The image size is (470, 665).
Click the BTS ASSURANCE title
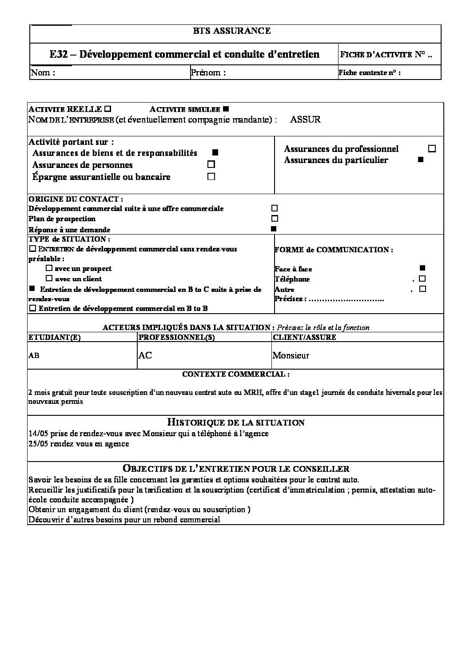[x=231, y=31]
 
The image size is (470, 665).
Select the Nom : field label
[x=43, y=72]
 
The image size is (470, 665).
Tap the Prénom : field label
[x=208, y=72]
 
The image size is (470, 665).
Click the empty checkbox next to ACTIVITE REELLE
[x=108, y=109]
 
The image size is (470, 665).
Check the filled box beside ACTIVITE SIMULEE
[x=226, y=109]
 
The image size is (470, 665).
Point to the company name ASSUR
[x=305, y=119]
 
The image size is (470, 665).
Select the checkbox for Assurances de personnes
[x=211, y=164]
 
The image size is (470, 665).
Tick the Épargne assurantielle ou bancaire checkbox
[x=211, y=176]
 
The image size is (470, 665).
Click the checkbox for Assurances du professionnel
[x=432, y=148]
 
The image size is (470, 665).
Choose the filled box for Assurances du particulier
[x=421, y=159]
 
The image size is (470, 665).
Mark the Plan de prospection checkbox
[x=275, y=219]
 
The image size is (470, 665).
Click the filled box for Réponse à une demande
[x=274, y=229]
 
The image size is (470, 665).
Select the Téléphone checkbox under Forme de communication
[x=422, y=279]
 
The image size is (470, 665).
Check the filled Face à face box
[x=422, y=268]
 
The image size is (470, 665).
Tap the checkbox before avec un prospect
[x=49, y=268]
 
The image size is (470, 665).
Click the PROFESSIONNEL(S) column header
[x=177, y=337]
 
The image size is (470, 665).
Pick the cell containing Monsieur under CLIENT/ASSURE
[x=291, y=355]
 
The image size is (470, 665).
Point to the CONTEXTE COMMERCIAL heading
[x=236, y=374]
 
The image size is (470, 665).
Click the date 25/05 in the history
[x=37, y=444]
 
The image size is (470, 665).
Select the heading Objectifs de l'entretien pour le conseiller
[x=235, y=469]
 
